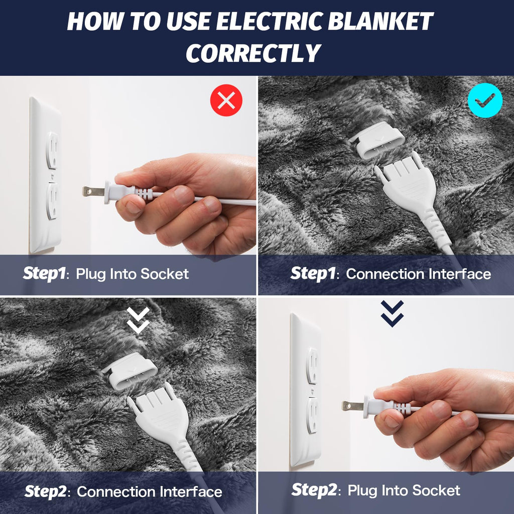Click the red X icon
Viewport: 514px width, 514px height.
pyautogui.click(x=226, y=100)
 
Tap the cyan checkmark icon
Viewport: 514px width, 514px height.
pyautogui.click(x=485, y=100)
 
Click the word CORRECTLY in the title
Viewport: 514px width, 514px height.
pyautogui.click(x=253, y=53)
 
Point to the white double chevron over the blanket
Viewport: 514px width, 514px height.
pyautogui.click(x=138, y=320)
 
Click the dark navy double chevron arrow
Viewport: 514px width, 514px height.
pyautogui.click(x=392, y=313)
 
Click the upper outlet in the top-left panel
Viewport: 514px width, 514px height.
pyautogui.click(x=52, y=150)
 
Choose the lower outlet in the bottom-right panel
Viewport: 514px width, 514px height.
pyautogui.click(x=312, y=415)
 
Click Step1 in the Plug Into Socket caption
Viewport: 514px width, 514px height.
pyautogui.click(x=44, y=274)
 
